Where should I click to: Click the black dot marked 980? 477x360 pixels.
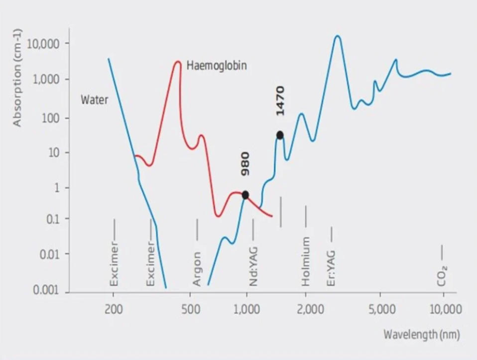pos(245,195)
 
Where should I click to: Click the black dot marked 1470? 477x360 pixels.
pos(280,135)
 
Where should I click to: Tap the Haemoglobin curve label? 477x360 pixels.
pos(217,65)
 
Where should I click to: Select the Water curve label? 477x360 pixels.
pos(95,100)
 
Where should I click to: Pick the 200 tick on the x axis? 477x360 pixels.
pos(114,309)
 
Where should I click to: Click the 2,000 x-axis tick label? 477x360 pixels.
pos(306,309)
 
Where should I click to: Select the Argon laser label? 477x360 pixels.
pos(197,269)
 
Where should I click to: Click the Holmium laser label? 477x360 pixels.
pos(306,261)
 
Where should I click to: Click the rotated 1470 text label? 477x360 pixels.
pos(280,101)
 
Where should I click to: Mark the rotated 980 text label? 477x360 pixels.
pos(245,164)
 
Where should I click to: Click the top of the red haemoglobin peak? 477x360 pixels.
pos(178,62)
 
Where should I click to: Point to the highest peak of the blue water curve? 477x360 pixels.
pos(338,36)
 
